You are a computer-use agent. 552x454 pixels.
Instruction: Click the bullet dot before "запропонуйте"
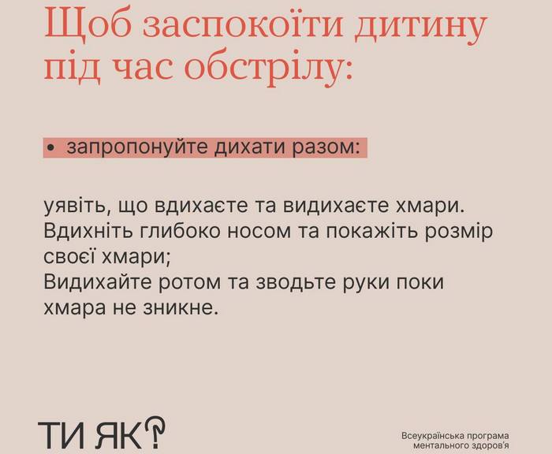pyautogui.click(x=51, y=149)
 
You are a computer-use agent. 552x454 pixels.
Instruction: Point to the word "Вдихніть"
pyautogui.click(x=88, y=232)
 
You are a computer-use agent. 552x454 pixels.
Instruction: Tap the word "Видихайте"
pyautogui.click(x=98, y=283)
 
